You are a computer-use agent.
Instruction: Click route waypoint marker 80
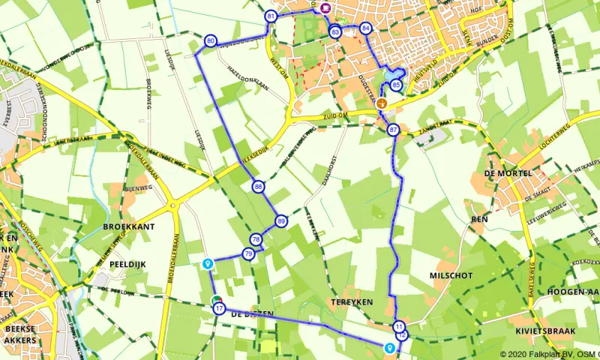click(x=210, y=40)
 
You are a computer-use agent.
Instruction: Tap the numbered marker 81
click(x=271, y=16)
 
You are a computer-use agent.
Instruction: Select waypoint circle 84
click(x=365, y=28)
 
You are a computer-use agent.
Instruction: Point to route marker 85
click(x=395, y=85)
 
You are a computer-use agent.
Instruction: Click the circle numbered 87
click(x=394, y=130)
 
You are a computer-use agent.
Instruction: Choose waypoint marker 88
click(x=258, y=186)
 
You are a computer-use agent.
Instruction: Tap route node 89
click(x=281, y=221)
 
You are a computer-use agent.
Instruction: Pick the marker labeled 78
click(x=256, y=239)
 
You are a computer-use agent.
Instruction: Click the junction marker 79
click(x=248, y=254)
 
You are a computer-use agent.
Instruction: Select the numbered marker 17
click(x=218, y=308)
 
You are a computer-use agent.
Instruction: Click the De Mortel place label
click(x=508, y=173)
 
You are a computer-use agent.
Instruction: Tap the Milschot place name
click(x=451, y=275)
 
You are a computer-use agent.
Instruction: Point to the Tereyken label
click(x=346, y=301)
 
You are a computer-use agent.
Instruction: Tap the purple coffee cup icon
click(x=325, y=7)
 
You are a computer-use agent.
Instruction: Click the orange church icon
click(x=382, y=103)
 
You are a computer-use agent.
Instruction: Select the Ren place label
click(x=479, y=219)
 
